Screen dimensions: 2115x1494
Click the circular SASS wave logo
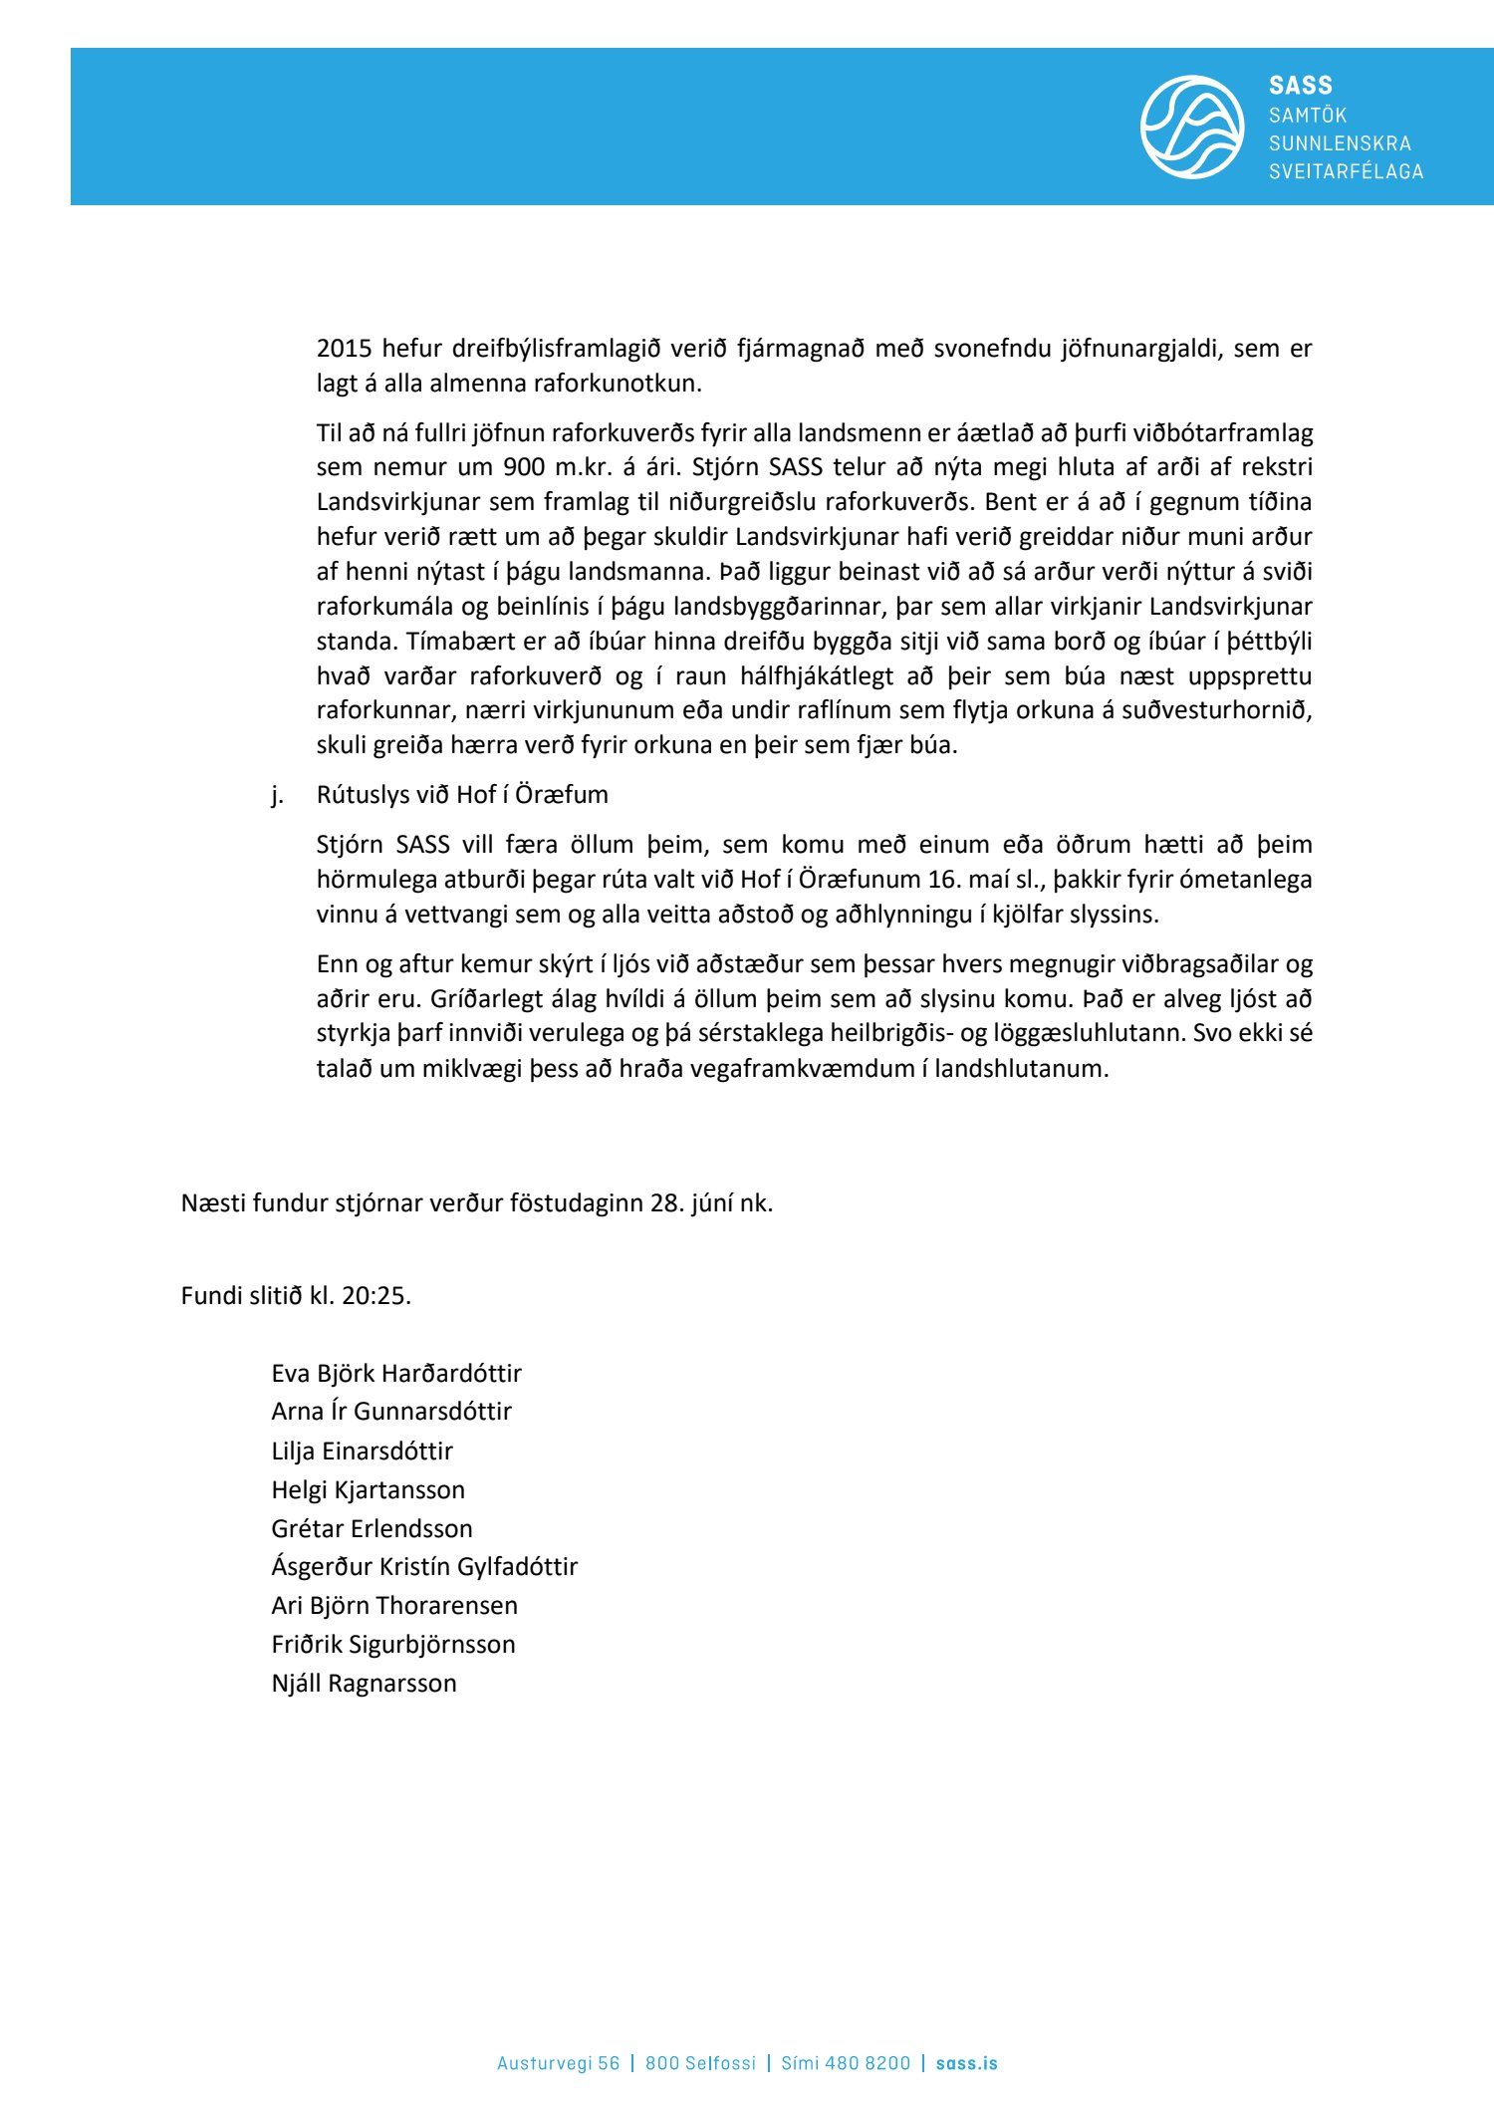pyautogui.click(x=1191, y=127)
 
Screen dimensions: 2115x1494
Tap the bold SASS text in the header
pyautogui.click(x=1300, y=86)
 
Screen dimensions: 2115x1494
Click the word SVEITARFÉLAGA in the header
pyautogui.click(x=1346, y=171)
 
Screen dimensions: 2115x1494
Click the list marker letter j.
pyautogui.click(x=277, y=795)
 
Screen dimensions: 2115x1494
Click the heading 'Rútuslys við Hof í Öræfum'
pyautogui.click(x=462, y=795)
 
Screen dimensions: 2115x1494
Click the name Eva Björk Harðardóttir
pyautogui.click(x=396, y=1374)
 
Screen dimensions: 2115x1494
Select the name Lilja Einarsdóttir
pyautogui.click(x=362, y=1452)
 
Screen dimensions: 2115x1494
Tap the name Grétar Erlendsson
pyautogui.click(x=372, y=1528)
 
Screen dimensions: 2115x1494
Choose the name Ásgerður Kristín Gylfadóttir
pyautogui.click(x=424, y=1567)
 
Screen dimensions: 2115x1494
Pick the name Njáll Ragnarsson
pyautogui.click(x=364, y=1684)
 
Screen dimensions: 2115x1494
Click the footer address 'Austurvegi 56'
pyautogui.click(x=558, y=2063)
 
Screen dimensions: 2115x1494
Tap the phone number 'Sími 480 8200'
pyautogui.click(x=846, y=2063)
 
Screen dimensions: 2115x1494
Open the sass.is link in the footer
pyautogui.click(x=966, y=2063)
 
